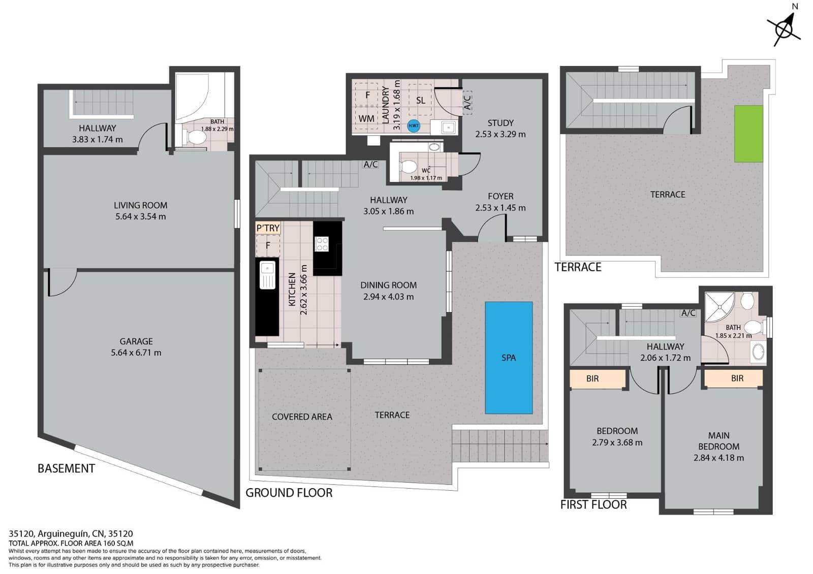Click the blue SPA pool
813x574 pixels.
[x=509, y=358]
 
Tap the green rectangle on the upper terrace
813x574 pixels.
[x=748, y=134]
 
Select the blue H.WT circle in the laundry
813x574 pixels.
[x=414, y=125]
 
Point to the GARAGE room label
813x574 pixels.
[x=136, y=341]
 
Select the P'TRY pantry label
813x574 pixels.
[x=268, y=228]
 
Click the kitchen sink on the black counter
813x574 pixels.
[x=267, y=274]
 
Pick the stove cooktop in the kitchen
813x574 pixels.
[x=322, y=244]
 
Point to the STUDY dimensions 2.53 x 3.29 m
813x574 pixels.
[x=501, y=134]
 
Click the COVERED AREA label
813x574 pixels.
[x=302, y=417]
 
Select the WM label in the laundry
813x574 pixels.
[x=366, y=118]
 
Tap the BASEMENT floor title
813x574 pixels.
[x=66, y=468]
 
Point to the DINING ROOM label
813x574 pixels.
[x=388, y=285]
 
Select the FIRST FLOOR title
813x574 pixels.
[x=593, y=504]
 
